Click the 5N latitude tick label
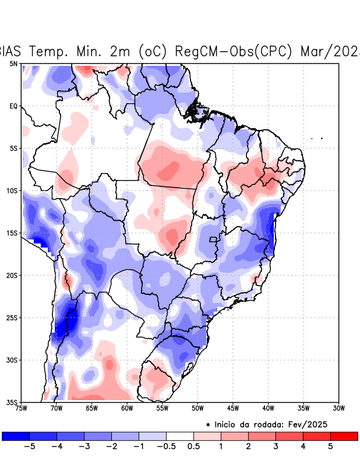tap(13, 63)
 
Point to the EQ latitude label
tap(13, 106)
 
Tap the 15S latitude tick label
tap(12, 233)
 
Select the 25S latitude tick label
tap(12, 317)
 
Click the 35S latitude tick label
tap(12, 402)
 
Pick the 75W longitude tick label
tap(22, 408)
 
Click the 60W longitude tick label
tap(126, 408)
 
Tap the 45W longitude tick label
tap(233, 408)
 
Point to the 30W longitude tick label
tap(338, 408)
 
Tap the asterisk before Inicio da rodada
tap(208, 425)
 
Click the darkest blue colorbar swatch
tap(16, 436)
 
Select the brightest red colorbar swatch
tap(344, 436)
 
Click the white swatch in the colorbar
tap(180, 436)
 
